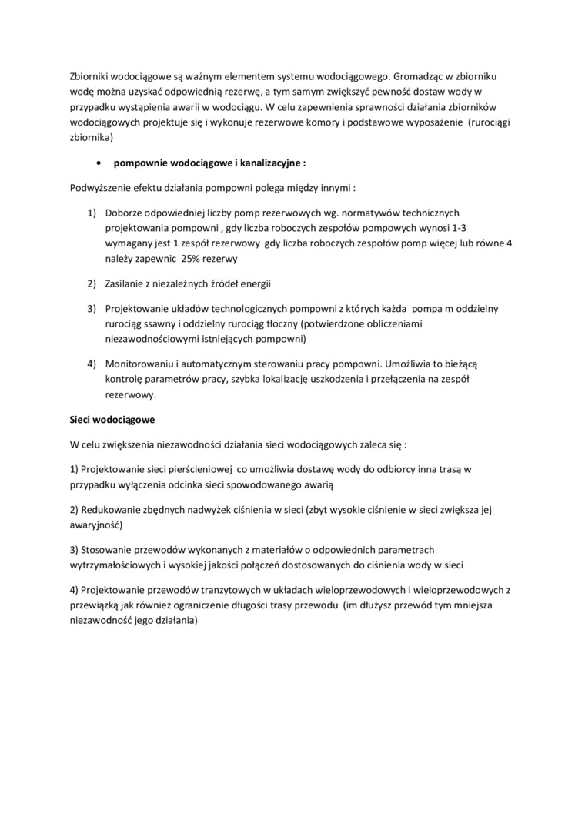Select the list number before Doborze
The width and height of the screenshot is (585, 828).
(x=91, y=212)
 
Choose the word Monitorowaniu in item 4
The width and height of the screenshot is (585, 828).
(x=142, y=363)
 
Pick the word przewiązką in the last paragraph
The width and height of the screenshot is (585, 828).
(x=94, y=605)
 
